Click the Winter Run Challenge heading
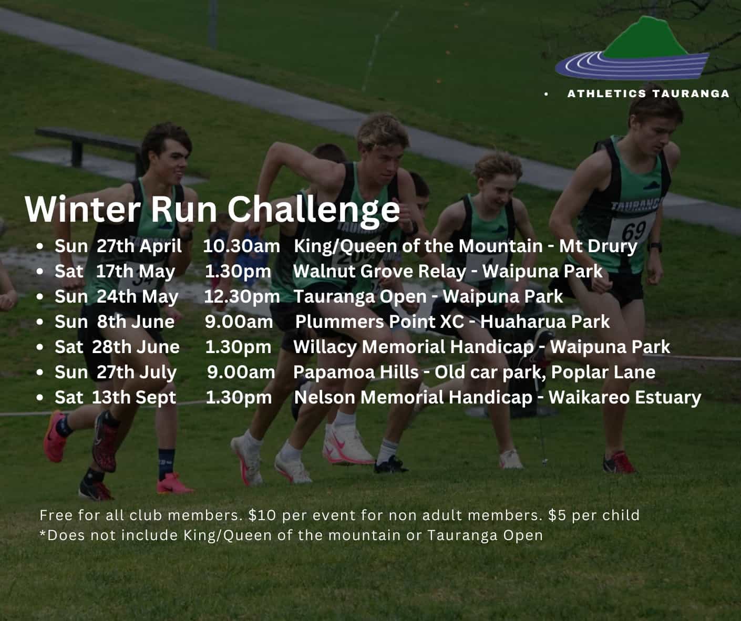[x=212, y=210]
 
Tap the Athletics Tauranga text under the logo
[x=649, y=94]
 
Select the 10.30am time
[x=241, y=246]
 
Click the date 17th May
[x=136, y=272]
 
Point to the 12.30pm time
[x=242, y=297]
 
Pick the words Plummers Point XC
[x=379, y=322]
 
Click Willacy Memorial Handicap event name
[x=414, y=347]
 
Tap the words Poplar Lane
[x=603, y=372]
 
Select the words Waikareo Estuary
[x=625, y=397]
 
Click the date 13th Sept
[x=134, y=397]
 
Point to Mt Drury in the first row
[x=599, y=246]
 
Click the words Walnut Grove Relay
[x=379, y=272]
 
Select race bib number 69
[x=634, y=231]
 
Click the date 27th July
[x=137, y=372]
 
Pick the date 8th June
[x=136, y=322]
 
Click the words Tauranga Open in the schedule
[x=360, y=297]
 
